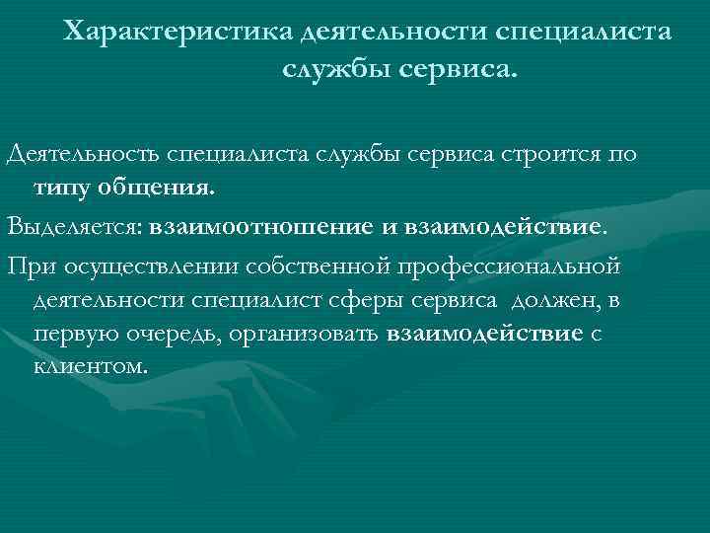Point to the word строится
point(546,155)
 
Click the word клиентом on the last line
point(90,366)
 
